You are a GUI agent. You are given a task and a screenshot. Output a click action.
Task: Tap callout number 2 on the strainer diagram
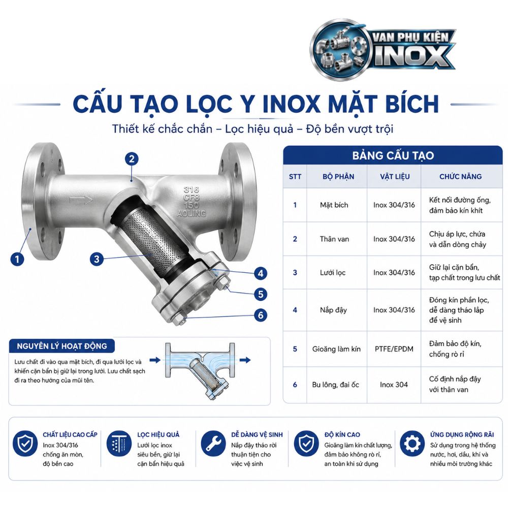(x=132, y=159)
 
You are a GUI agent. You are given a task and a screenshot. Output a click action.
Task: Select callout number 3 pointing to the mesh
(x=97, y=259)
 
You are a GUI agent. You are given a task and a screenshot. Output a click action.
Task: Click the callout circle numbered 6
(x=261, y=315)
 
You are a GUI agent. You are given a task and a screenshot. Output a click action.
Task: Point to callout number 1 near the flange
(x=17, y=259)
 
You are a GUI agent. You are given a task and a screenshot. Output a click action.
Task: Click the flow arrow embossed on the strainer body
(x=81, y=200)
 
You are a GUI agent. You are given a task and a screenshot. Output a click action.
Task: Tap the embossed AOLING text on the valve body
(x=192, y=213)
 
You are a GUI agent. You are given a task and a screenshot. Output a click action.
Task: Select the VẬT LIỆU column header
(x=395, y=177)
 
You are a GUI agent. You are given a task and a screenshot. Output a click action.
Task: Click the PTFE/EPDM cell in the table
(x=394, y=349)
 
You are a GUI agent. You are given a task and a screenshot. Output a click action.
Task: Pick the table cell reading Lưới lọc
(x=333, y=273)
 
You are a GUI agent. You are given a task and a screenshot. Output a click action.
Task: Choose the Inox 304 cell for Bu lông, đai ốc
(x=394, y=385)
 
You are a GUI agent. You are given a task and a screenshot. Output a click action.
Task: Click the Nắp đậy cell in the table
(x=333, y=310)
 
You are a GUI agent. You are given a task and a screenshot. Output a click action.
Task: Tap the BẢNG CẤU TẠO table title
(x=393, y=155)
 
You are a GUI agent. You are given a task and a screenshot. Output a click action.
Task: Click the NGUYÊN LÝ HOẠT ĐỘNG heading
(x=62, y=346)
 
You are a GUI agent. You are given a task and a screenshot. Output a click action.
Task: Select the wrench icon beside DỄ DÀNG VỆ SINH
(x=213, y=443)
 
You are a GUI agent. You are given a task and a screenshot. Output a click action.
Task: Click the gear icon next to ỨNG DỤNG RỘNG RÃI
(x=412, y=443)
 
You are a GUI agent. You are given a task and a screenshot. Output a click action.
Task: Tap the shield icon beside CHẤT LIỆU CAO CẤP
(x=25, y=443)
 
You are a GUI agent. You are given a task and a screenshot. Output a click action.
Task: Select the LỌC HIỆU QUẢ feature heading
(x=158, y=434)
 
